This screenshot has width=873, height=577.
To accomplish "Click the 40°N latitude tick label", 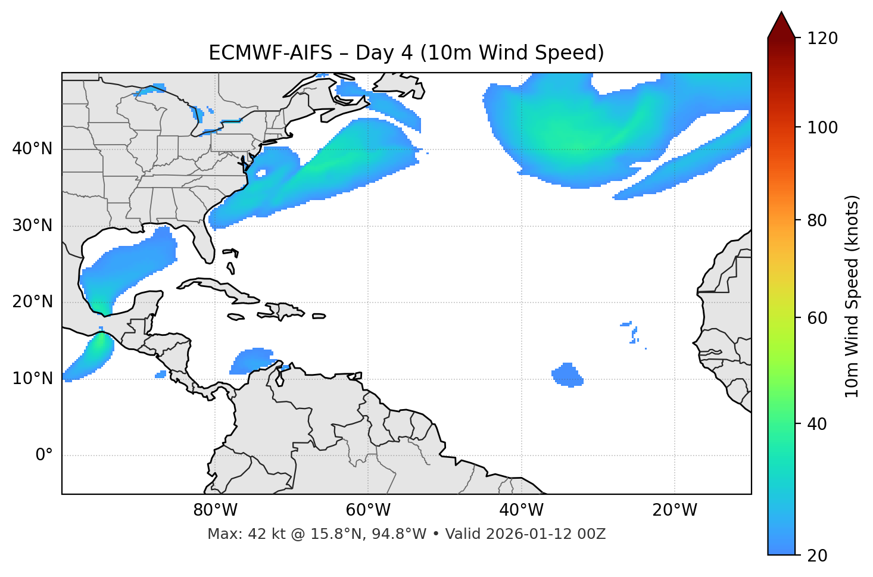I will coord(32,148).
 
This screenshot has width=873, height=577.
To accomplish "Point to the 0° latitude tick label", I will coord(43,456).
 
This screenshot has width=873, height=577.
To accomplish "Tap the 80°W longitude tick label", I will coord(215,510).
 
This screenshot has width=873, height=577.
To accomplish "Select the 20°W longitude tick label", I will coord(675,510).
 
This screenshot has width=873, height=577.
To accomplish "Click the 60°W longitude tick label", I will coord(368,510).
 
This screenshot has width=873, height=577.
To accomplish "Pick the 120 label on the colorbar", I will coord(822,39).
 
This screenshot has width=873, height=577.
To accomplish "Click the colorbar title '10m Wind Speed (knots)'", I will coord(852,296).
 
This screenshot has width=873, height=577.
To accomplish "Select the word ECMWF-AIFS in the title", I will coord(270,53).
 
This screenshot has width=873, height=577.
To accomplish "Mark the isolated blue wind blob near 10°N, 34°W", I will coord(567,375).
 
